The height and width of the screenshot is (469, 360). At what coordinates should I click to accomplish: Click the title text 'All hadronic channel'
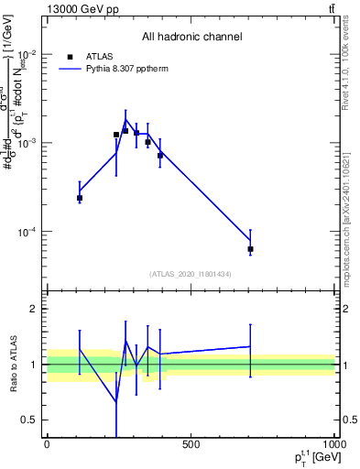click(x=191, y=38)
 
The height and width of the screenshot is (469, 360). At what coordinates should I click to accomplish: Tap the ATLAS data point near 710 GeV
click(x=250, y=249)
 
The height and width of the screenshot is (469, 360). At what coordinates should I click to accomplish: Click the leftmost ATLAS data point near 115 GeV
click(x=80, y=198)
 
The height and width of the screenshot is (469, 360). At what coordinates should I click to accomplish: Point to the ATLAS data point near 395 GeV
click(x=160, y=155)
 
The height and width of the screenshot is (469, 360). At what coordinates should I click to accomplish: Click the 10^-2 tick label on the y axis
click(x=27, y=54)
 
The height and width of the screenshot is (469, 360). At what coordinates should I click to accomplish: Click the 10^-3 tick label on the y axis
click(x=27, y=143)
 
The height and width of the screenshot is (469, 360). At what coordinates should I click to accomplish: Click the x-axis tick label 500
click(x=191, y=444)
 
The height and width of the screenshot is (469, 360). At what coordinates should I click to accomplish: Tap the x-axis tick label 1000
click(x=333, y=444)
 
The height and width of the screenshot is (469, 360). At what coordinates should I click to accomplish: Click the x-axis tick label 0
click(x=47, y=444)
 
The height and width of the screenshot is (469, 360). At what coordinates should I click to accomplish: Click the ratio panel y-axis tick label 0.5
click(x=29, y=420)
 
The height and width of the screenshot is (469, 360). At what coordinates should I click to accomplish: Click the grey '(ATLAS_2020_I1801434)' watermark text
click(x=191, y=275)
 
